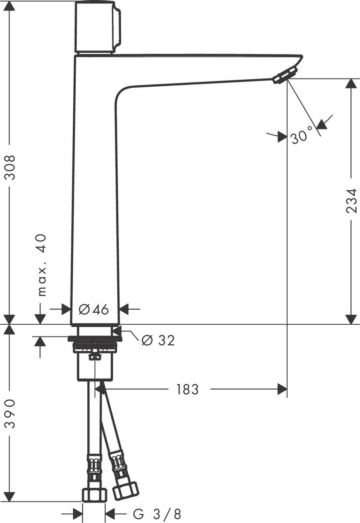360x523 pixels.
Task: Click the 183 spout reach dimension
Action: click(x=187, y=389)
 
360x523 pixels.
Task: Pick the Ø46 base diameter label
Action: click(x=94, y=309)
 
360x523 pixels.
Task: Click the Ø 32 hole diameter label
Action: click(x=159, y=340)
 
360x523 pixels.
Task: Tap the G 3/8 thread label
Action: click(x=156, y=513)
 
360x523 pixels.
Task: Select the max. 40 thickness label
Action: click(x=42, y=264)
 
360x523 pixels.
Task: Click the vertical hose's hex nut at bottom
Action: click(x=95, y=494)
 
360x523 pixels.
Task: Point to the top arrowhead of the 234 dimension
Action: click(x=351, y=83)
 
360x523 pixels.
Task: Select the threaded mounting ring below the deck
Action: click(x=95, y=348)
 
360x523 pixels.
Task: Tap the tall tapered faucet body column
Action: click(x=95, y=196)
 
